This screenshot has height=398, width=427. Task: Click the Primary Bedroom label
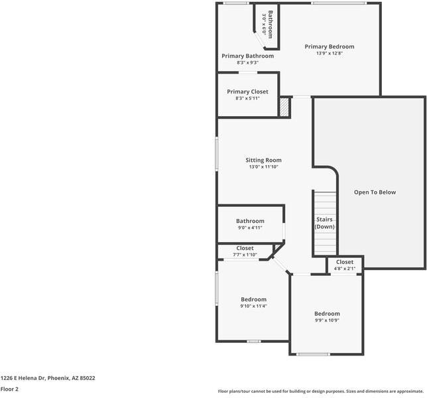[x=330, y=46]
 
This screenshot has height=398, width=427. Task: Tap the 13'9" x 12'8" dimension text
[x=330, y=54]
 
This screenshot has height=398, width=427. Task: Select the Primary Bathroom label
[x=247, y=56]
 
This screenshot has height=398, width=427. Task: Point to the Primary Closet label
[x=247, y=92]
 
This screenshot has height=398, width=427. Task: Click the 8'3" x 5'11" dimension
[x=247, y=98]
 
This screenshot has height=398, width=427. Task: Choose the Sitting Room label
[x=263, y=160]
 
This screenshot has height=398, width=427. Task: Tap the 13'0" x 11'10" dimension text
[x=263, y=167]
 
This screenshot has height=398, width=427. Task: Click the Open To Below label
[x=375, y=192]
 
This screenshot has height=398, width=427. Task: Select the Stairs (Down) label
[x=324, y=223]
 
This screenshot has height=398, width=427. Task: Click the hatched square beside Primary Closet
[x=284, y=107]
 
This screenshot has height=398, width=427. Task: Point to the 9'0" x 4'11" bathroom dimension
[x=250, y=228]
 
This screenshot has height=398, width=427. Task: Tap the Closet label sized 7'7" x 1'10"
[x=245, y=248]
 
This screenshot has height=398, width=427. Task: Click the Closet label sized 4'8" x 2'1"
[x=345, y=262]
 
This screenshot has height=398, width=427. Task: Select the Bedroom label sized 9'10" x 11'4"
[x=253, y=299]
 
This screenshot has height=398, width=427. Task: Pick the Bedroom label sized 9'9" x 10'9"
[x=327, y=313]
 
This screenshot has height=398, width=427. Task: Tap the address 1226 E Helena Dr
[x=48, y=378]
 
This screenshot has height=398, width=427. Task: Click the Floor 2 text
[x=9, y=389]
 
